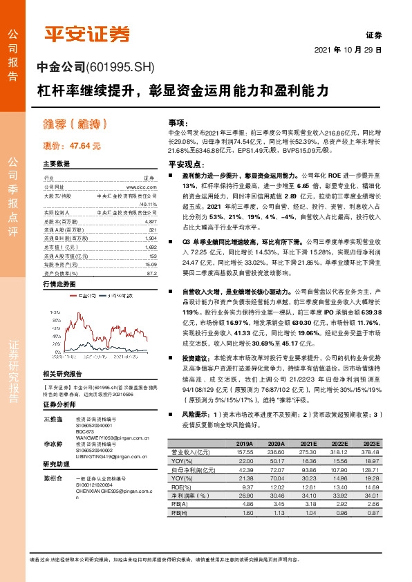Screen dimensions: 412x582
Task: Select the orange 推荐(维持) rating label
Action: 77,125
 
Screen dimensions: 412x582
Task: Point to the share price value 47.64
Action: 86,147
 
